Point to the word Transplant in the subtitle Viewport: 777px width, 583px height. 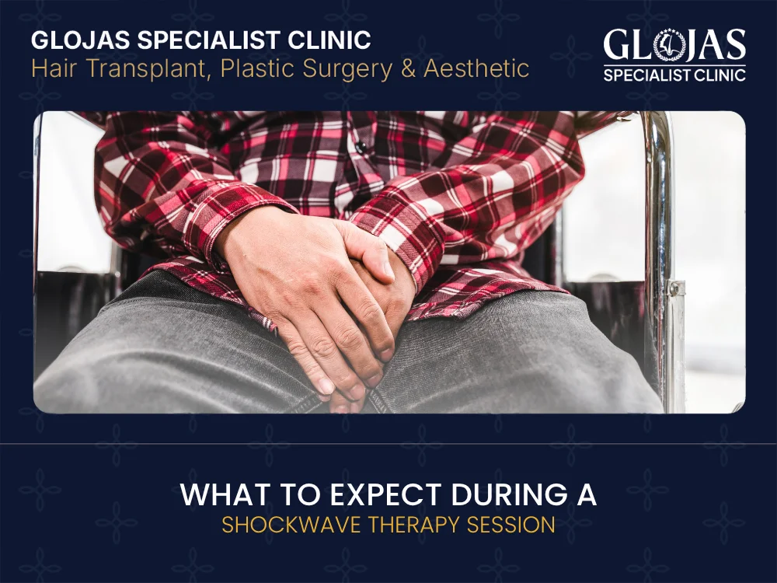coord(145,70)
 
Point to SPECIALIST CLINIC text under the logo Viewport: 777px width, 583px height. coord(674,75)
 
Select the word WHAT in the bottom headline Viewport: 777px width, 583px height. coord(218,495)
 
